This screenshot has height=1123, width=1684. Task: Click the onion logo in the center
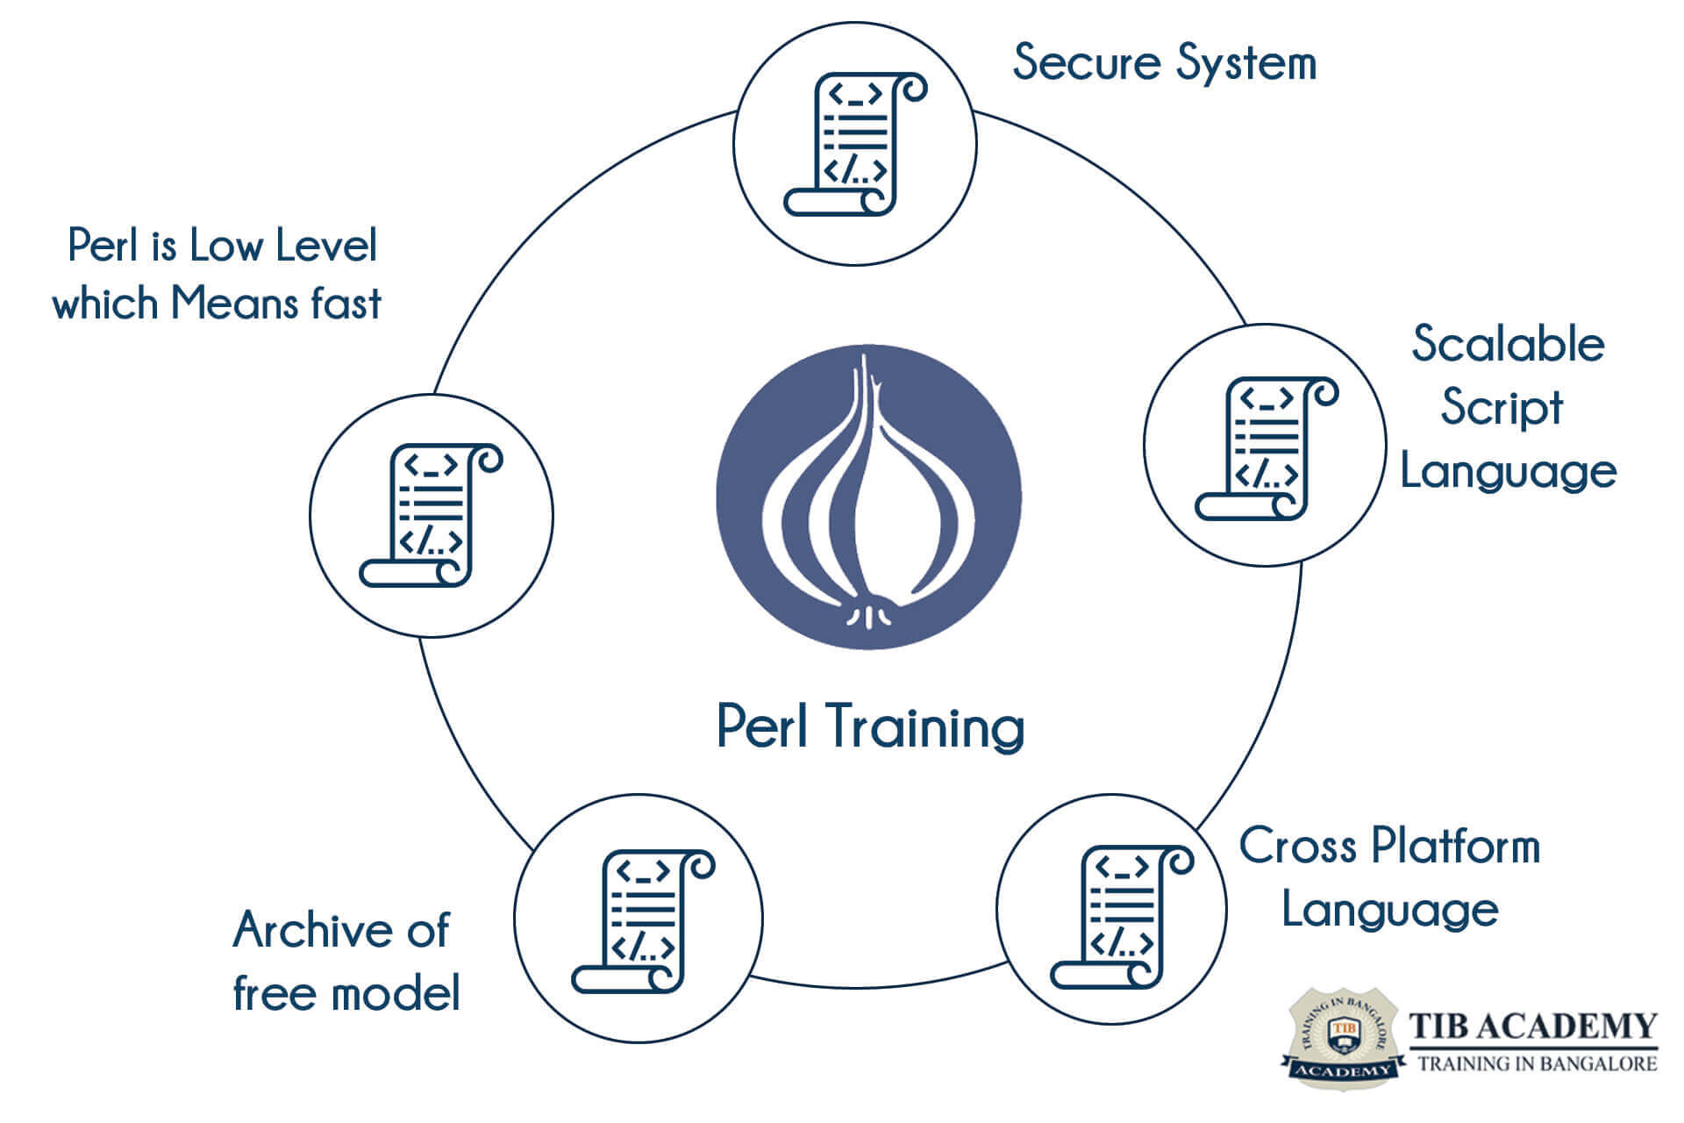coord(868,497)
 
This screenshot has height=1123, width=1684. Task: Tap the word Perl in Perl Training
coord(762,726)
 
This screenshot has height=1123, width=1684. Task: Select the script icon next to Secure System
coord(854,144)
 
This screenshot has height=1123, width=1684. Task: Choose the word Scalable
coord(1508,344)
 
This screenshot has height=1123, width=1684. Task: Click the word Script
coord(1502,409)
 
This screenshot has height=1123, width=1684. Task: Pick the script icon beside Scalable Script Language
coord(1266,447)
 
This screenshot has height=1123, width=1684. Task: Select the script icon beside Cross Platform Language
coord(1121,917)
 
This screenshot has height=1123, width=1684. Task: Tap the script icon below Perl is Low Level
coord(431,515)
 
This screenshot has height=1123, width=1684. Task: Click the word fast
coord(346,304)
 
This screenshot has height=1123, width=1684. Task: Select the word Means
coord(226,304)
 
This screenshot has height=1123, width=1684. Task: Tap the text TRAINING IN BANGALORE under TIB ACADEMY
coord(1538,1064)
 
